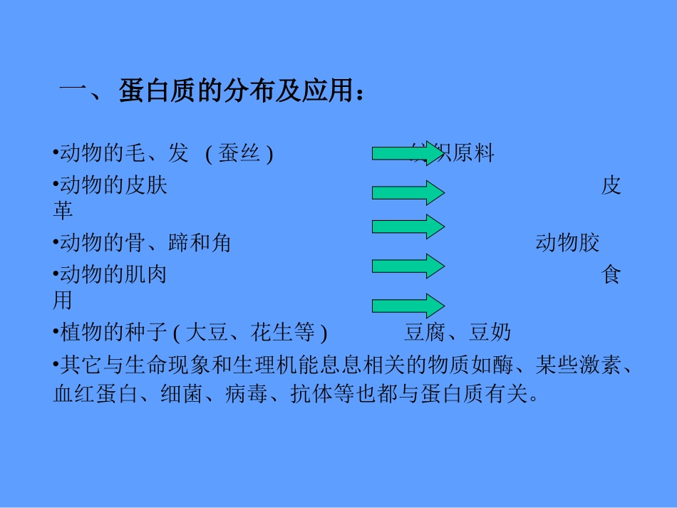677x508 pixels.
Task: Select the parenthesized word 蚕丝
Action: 239,153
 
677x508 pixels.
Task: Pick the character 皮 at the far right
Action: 611,186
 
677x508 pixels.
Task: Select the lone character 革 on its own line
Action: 63,212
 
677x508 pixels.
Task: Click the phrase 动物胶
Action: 567,243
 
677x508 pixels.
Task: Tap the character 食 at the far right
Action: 611,275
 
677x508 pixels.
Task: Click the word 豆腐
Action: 426,333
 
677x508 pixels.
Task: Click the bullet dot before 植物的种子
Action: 56,333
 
